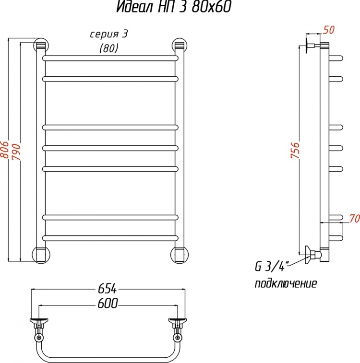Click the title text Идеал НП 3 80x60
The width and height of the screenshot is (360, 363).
173,7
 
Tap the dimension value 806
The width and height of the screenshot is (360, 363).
5,150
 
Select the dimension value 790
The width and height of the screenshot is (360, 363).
17,152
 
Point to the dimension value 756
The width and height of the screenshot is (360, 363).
295,150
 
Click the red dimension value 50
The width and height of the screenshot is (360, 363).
329,30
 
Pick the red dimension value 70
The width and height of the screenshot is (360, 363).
354,219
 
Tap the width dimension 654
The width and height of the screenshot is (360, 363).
107,289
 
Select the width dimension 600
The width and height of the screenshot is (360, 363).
108,303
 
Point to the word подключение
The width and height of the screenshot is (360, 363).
286,283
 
